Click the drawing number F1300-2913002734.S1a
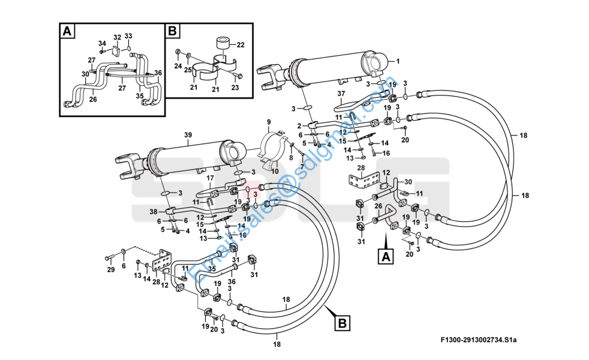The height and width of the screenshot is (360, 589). coord(478,340)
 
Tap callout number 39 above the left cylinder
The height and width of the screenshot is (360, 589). coord(188,135)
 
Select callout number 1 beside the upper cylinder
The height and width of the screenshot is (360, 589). coord(397,61)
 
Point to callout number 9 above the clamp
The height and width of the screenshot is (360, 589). coord(269,122)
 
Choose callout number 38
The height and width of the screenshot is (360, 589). coord(153,211)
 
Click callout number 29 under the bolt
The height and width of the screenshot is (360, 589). coord(110,269)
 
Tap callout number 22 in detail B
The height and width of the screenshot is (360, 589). coord(241,45)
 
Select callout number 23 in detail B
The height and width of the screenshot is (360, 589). coord(235,88)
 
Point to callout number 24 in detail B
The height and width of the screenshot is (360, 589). coord(178,65)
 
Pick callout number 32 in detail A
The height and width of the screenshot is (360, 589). coord(117,37)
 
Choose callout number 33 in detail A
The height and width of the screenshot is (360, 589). coord(128,36)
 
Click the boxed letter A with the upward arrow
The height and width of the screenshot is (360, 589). coord(386,257)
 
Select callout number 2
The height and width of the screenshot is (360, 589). coord(299,125)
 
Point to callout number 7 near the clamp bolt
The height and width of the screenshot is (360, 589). coord(302,167)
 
